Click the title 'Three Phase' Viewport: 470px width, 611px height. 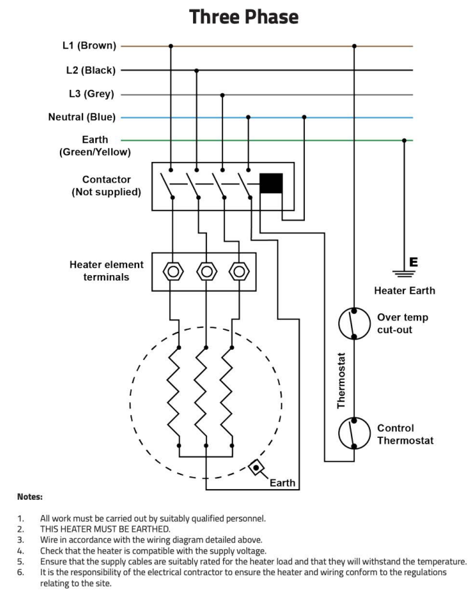coord(244,17)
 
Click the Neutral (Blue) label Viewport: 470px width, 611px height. coord(82,117)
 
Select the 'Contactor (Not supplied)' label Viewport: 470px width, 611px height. coord(107,186)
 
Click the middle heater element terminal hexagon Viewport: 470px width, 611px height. coord(206,271)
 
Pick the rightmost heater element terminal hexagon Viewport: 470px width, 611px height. coord(238,271)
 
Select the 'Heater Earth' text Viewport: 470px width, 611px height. coord(404,291)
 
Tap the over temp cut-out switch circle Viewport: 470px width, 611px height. coord(353,323)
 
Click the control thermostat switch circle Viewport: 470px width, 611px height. coord(353,434)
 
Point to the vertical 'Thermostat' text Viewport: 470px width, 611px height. coord(342,380)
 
